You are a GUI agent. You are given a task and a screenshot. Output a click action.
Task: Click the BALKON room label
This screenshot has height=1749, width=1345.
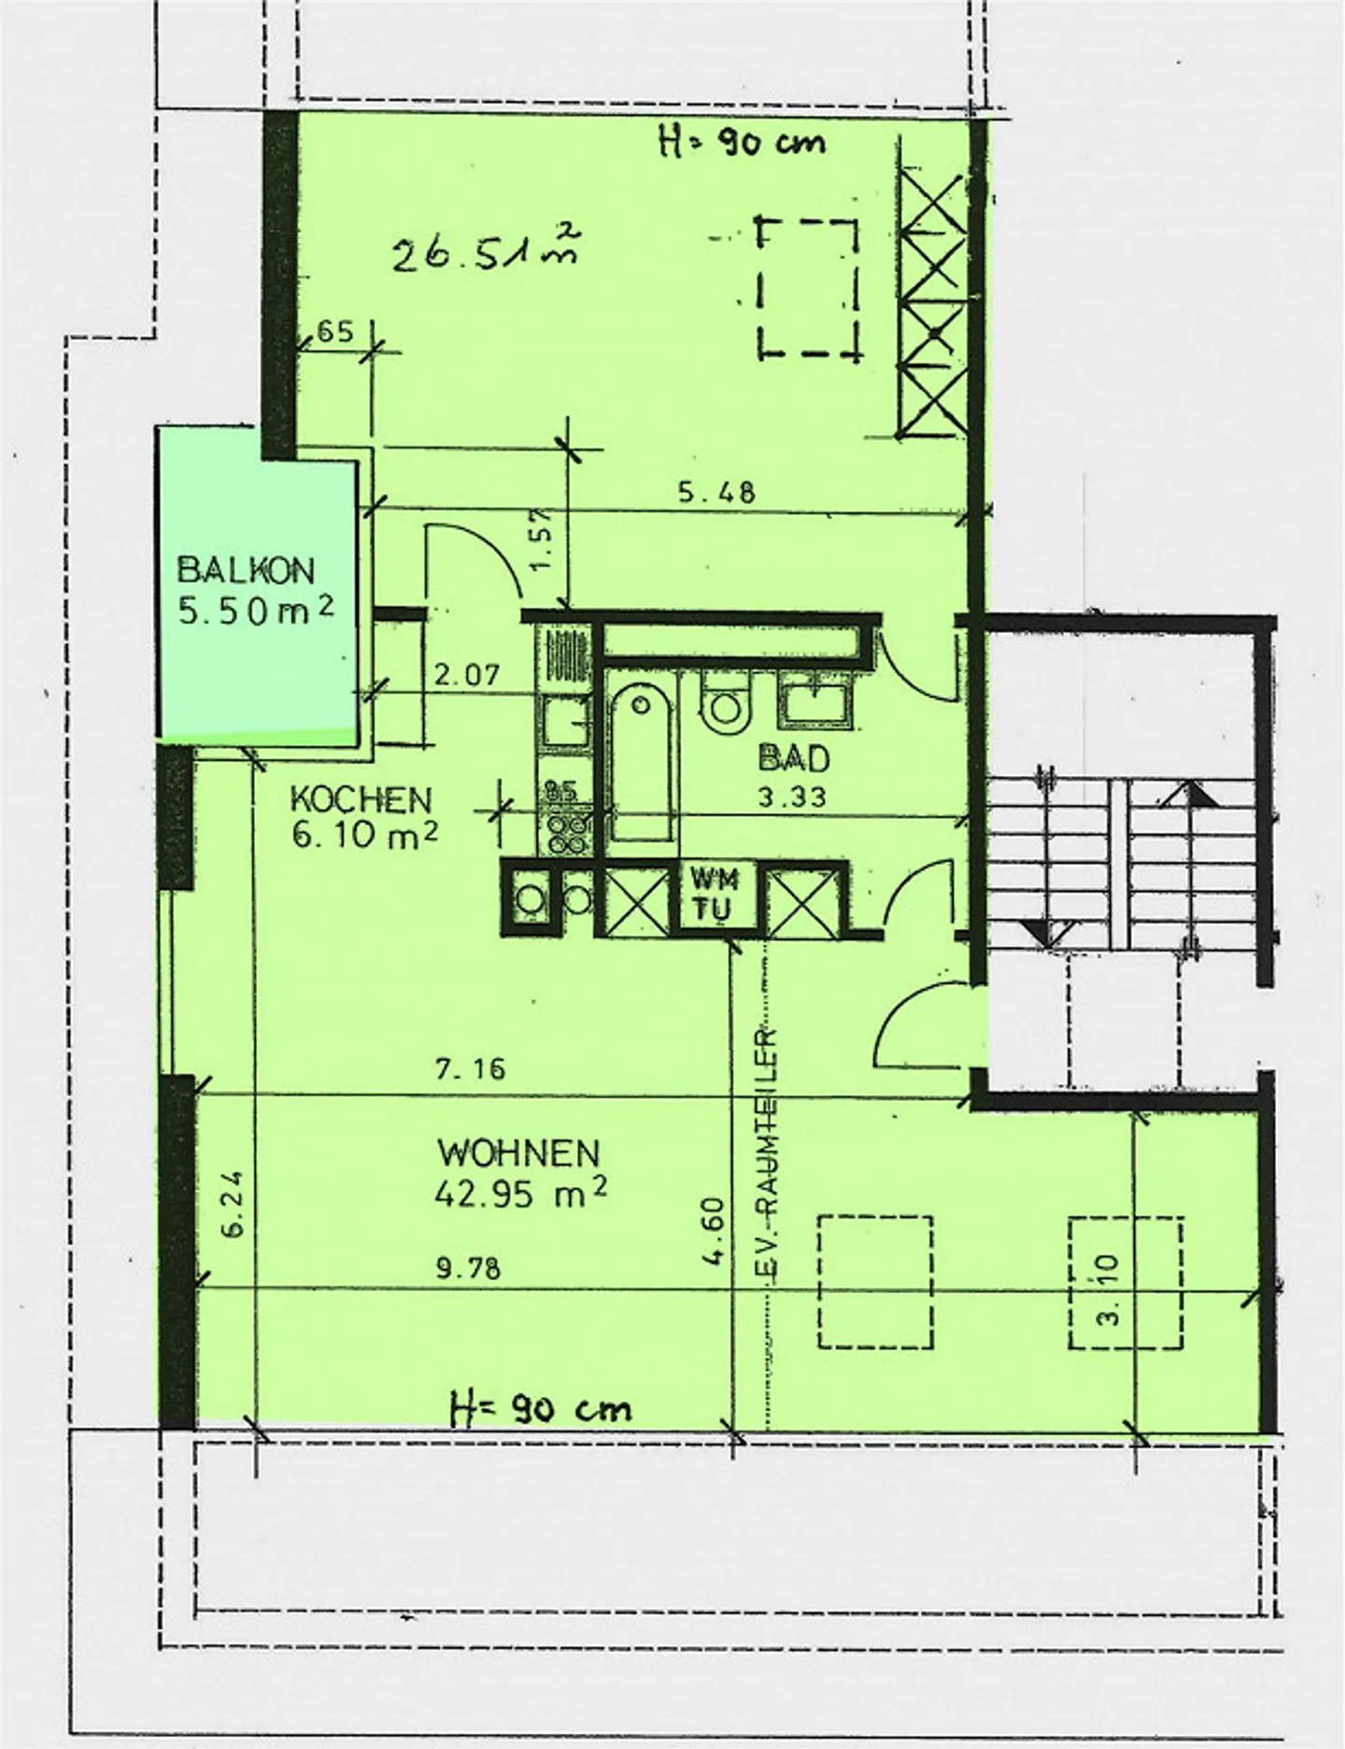(246, 569)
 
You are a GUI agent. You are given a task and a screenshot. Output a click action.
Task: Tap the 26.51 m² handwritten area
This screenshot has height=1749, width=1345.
(481, 249)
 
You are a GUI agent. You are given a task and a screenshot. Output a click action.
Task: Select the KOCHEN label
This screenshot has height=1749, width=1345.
(361, 800)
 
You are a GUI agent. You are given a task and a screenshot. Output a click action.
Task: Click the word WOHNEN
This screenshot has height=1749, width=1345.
(518, 1153)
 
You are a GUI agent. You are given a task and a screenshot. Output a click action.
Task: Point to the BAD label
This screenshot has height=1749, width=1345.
(794, 758)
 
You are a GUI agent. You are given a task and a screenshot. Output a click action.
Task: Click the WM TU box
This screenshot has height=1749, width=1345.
(715, 894)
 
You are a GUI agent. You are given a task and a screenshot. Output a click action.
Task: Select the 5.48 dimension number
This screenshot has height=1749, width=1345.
(716, 492)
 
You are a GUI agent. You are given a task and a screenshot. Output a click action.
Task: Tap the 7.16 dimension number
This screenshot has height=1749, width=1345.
(470, 1067)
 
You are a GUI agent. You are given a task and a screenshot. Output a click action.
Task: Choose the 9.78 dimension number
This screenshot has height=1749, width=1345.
(467, 1268)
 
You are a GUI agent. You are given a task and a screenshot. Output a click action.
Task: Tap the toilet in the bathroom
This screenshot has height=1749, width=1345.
(726, 707)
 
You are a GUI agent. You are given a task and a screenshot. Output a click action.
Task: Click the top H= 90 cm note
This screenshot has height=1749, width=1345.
(743, 142)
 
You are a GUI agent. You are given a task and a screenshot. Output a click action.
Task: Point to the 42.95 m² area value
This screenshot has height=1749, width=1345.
(521, 1193)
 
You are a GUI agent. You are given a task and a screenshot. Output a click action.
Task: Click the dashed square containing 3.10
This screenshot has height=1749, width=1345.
(1126, 1281)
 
